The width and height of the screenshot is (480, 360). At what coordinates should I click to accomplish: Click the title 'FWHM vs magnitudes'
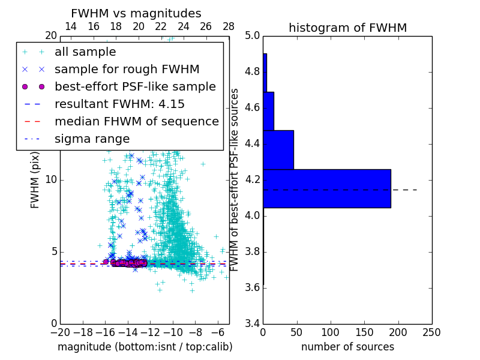click(136, 14)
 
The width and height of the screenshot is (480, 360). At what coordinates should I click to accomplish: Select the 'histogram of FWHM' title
click(347, 28)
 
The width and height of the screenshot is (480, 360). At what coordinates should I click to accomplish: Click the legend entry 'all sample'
click(85, 52)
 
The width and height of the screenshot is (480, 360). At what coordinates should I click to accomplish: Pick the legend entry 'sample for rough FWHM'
click(127, 70)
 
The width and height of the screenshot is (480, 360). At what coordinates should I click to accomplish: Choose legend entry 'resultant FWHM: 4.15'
click(119, 104)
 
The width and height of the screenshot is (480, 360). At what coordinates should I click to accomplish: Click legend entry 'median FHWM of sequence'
click(136, 122)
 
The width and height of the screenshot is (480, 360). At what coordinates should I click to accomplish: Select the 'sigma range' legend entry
click(92, 139)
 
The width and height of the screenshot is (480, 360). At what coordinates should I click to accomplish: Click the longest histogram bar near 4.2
click(327, 188)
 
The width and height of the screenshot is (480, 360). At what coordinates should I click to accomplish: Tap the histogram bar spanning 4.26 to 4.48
click(278, 150)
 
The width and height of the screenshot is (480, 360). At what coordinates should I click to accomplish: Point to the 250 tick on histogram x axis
click(431, 332)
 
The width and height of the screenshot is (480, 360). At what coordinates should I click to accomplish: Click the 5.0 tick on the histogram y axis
click(252, 36)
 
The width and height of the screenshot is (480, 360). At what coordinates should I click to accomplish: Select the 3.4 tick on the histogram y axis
click(252, 323)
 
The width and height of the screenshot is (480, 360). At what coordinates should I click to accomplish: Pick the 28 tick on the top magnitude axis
click(229, 26)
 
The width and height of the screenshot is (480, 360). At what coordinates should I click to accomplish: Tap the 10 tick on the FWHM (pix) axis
click(51, 180)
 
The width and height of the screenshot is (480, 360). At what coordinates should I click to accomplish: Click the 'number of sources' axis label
click(347, 347)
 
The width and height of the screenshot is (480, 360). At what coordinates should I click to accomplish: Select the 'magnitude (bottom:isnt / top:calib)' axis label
click(145, 347)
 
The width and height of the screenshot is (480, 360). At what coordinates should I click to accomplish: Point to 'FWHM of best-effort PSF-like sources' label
click(235, 180)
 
